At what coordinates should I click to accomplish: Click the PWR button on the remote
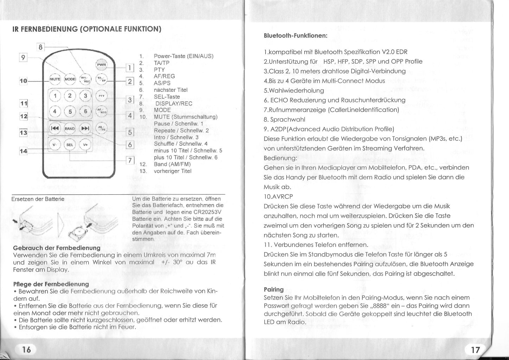(101, 65)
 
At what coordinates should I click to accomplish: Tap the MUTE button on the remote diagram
(55, 79)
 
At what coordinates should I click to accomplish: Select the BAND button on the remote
(70, 129)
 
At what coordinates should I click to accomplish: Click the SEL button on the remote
(70, 145)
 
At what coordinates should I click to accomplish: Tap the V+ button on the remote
(85, 145)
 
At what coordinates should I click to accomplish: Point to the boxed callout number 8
(41, 47)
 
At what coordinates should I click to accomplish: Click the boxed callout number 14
(23, 151)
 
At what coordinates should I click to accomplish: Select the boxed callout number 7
(130, 160)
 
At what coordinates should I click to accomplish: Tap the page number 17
(475, 349)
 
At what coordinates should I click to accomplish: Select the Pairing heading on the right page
(273, 289)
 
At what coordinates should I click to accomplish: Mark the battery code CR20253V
(207, 212)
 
